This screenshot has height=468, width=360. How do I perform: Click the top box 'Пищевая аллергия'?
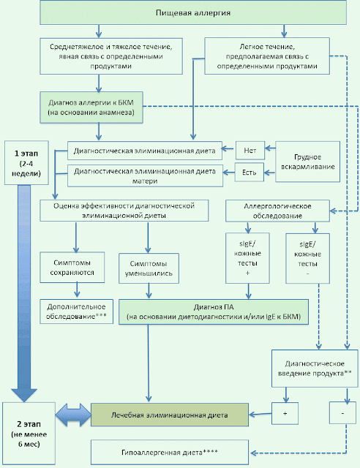(193, 13)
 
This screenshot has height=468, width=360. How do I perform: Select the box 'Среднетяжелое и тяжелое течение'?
(111, 56)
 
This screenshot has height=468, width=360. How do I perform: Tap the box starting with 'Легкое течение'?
(267, 56)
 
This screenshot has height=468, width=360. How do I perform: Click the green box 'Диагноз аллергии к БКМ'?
(91, 107)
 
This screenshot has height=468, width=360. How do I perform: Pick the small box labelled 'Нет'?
(250, 151)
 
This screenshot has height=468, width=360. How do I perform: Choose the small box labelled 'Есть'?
(250, 173)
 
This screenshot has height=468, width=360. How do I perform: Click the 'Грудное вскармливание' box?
(308, 162)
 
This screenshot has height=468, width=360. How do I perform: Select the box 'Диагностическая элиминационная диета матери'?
(145, 175)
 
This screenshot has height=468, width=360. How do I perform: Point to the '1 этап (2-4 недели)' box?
(26, 162)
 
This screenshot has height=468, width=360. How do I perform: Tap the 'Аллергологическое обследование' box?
(277, 211)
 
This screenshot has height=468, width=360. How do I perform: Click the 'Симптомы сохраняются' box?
(72, 268)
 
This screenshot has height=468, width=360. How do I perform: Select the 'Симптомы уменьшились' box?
(149, 268)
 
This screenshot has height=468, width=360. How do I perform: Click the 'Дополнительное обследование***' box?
(77, 312)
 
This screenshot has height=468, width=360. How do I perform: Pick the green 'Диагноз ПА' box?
(214, 312)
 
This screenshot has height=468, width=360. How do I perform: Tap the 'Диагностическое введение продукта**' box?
(315, 369)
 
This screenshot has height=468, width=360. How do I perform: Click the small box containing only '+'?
(285, 413)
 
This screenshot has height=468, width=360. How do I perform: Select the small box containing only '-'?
(342, 412)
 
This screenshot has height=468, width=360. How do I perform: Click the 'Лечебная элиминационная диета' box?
(170, 415)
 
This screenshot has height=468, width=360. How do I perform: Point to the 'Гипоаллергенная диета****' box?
(170, 452)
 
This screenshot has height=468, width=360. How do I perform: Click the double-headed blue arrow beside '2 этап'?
(73, 415)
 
